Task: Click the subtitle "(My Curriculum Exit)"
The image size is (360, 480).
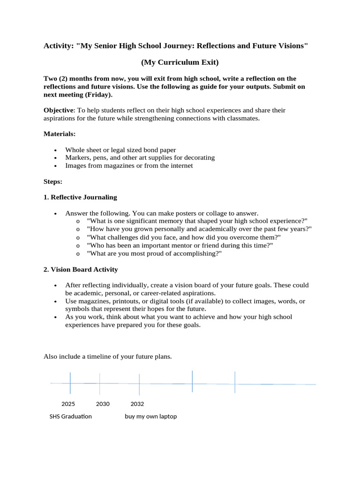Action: (180, 62)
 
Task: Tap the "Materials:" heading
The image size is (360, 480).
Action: (60, 134)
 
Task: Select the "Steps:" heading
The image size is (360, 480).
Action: (53, 181)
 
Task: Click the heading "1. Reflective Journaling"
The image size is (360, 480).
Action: (80, 197)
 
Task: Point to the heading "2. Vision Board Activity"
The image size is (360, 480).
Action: (81, 270)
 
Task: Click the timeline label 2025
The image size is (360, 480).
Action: (68, 404)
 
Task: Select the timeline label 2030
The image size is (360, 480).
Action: (103, 404)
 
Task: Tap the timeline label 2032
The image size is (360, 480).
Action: (137, 404)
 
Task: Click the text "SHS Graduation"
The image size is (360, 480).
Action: (71, 416)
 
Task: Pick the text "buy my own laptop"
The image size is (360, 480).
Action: (151, 416)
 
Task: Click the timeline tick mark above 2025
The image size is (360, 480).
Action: (70, 383)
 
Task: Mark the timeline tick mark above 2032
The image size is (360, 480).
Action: (139, 384)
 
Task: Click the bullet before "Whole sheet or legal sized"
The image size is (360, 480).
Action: (55, 150)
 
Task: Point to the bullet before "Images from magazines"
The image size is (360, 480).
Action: (55, 166)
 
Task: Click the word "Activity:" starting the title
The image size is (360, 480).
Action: (59, 46)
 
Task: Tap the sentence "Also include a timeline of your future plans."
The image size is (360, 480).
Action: (108, 357)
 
